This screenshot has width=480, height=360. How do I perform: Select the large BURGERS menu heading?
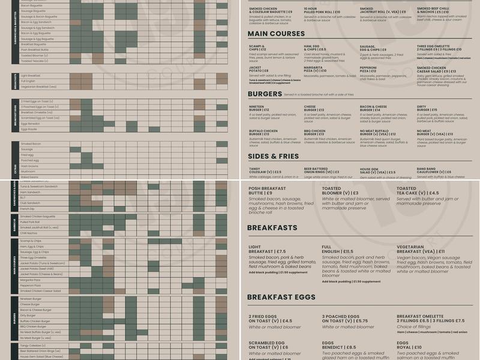tap(264, 94)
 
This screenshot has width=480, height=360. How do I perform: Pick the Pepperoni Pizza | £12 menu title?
tap(375, 69)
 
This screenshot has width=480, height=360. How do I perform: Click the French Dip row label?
tap(28, 209)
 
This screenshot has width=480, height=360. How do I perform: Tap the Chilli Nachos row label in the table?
tap(30, 233)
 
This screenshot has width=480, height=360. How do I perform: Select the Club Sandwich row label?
tap(31, 203)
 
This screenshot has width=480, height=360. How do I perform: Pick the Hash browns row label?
tap(29, 166)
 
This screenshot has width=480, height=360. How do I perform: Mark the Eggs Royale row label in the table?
tap(29, 129)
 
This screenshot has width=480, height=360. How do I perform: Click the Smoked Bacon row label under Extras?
tap(31, 144)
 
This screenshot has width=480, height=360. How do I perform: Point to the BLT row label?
tap(23, 197)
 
